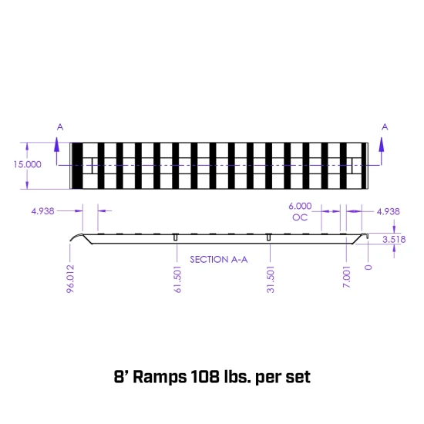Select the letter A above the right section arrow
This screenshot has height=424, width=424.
pyautogui.click(x=385, y=126)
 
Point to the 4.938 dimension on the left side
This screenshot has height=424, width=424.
pyautogui.click(x=42, y=210)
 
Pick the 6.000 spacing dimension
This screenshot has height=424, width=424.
pyautogui.click(x=300, y=206)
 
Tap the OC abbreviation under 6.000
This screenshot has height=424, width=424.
pyautogui.click(x=300, y=217)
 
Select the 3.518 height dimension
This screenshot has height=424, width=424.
pyautogui.click(x=393, y=240)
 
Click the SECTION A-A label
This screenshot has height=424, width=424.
pyautogui.click(x=218, y=260)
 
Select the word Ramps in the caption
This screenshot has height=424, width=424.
pyautogui.click(x=158, y=378)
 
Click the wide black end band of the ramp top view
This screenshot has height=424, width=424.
pyautogui.click(x=77, y=165)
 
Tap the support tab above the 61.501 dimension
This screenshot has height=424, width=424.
pyautogui.click(x=177, y=236)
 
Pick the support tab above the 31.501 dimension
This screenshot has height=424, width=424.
pyautogui.click(x=269, y=236)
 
